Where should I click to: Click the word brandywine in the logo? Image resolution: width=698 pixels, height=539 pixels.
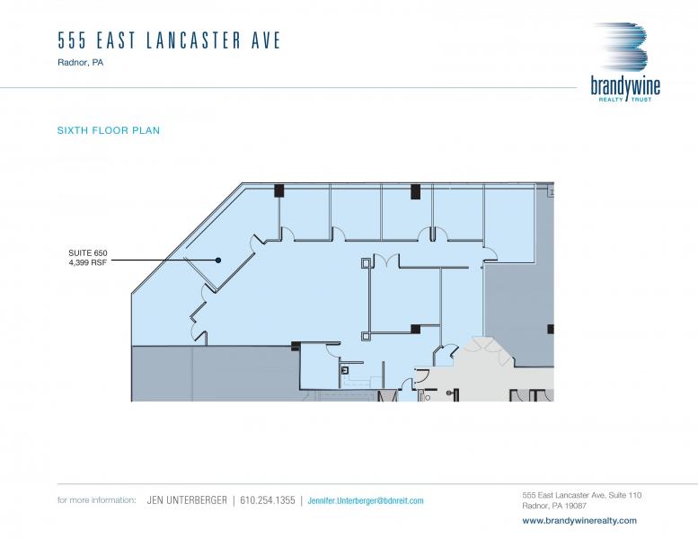625,86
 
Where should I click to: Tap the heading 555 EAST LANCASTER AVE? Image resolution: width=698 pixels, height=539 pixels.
169,40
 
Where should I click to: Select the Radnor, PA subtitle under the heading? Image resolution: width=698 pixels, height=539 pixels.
81,62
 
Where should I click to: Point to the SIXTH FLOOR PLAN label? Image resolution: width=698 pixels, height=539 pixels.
109,130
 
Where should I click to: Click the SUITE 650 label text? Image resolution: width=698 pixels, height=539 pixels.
88,252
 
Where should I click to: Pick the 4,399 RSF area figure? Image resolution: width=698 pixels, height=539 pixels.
88,262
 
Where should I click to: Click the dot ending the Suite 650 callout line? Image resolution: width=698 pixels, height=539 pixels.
218,260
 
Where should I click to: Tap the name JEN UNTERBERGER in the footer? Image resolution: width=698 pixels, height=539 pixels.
187,500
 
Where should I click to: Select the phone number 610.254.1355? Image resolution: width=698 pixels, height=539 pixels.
268,500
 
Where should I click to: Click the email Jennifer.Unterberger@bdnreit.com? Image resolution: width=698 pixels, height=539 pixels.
366,500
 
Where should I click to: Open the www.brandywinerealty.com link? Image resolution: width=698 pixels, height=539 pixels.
579,520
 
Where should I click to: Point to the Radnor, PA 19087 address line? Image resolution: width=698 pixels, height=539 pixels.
554,506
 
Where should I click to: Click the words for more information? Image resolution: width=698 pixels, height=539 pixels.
97,499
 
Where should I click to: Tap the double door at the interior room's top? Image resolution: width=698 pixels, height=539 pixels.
386,261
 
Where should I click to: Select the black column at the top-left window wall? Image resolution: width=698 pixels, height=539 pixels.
279,190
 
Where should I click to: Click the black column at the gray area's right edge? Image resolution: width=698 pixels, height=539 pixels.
551,329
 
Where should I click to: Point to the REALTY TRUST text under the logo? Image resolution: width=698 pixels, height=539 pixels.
625,99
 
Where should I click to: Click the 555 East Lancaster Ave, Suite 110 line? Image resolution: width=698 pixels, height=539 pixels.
582,495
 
